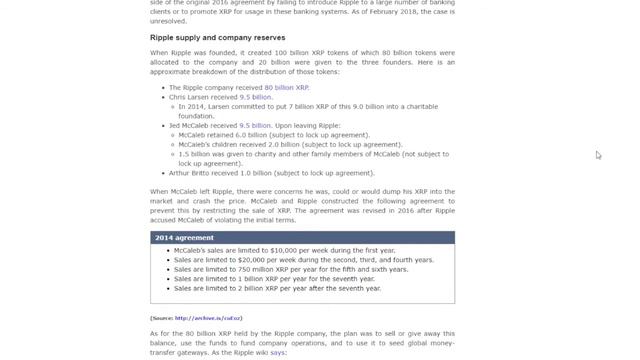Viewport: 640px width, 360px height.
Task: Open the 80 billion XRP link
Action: point(286,88)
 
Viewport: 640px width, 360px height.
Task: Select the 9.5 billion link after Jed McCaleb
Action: point(255,126)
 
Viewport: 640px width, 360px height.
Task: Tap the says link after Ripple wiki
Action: point(278,353)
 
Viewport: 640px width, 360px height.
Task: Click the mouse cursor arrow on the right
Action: point(598,154)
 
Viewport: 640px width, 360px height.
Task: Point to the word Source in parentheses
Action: point(163,318)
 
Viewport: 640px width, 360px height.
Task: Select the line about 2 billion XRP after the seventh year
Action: point(277,288)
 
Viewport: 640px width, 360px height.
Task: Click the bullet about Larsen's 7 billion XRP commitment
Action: point(314,107)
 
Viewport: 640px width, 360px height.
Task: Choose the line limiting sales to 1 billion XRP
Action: point(270,279)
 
